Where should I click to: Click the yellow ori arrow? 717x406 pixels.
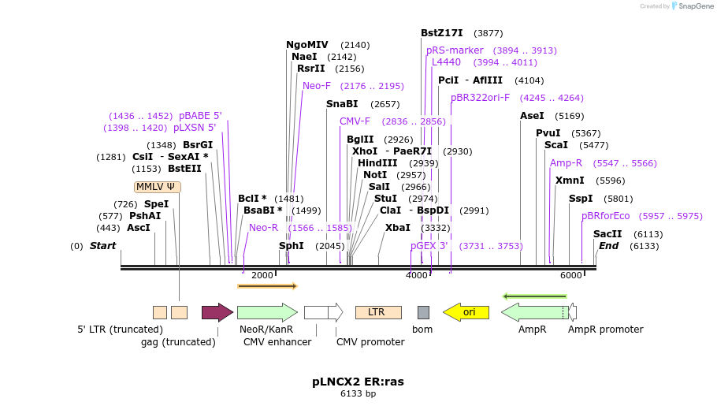coord(466,312)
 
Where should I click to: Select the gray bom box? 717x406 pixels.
coord(423,313)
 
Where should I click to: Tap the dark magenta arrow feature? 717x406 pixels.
coord(217,313)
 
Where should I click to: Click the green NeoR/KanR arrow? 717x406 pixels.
coord(268,313)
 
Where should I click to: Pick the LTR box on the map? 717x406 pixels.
coord(379,313)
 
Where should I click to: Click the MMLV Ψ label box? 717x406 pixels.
coord(158,187)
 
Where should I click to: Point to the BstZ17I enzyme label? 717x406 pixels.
coord(442,33)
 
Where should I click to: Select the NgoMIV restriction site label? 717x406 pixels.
coord(307,45)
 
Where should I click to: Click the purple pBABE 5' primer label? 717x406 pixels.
coord(200,116)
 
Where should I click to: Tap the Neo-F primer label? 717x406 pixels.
coord(317,86)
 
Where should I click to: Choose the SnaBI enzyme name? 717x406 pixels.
coord(342,104)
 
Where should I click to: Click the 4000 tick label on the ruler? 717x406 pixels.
coord(417,275)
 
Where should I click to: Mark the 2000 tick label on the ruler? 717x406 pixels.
coord(262,275)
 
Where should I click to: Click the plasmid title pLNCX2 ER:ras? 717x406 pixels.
coord(358,382)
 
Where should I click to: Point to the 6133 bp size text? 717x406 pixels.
coord(358,393)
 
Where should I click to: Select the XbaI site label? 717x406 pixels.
coord(398,228)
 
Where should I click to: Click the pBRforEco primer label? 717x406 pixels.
coord(605,216)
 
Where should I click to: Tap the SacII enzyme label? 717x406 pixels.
coord(607,234)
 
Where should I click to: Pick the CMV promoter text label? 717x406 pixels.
coord(370,342)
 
